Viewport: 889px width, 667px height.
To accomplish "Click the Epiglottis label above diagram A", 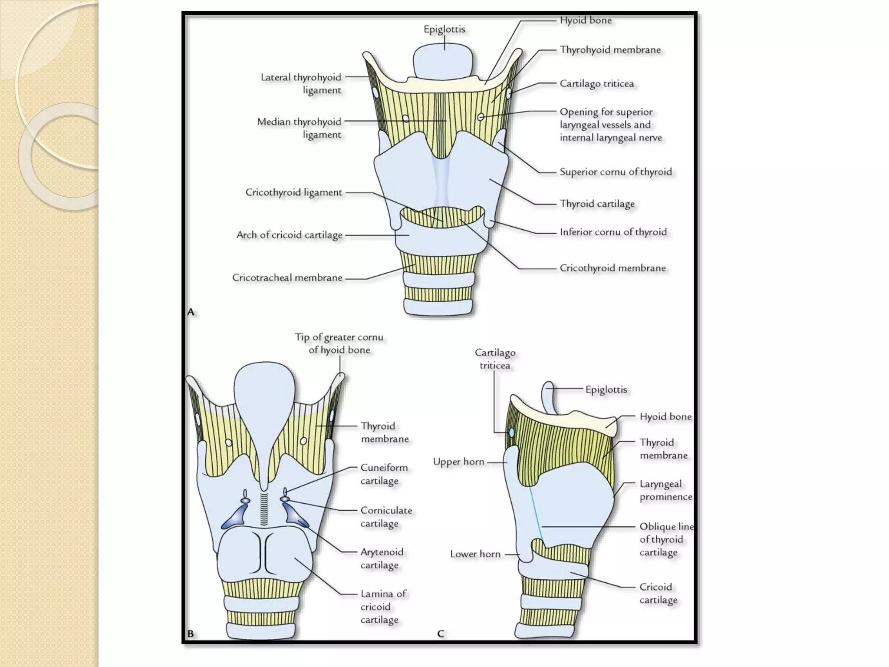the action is point(444,30).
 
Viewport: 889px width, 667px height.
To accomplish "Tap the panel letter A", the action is point(191,312).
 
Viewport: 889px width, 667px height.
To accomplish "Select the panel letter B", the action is point(191,634).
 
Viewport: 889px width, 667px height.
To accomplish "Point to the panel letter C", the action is point(441,634).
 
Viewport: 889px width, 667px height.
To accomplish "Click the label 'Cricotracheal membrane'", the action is point(287,277).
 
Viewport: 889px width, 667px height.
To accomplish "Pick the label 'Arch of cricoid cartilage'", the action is point(290,235).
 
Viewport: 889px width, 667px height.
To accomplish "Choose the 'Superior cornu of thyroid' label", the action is point(616,172).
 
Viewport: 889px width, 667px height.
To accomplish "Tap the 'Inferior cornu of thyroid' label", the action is point(613,232).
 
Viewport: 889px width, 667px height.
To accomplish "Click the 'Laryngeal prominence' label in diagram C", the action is point(665,490).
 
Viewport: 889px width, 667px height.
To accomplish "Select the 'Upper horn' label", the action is point(458,462).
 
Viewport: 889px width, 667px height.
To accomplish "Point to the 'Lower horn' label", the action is point(475,554).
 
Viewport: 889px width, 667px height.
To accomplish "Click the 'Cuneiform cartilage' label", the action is point(384,474).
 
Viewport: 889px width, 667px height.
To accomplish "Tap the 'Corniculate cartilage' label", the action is point(386,517).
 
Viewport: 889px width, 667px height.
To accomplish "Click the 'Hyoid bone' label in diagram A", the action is point(586,20).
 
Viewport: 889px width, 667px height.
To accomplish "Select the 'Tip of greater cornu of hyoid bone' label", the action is point(339,343).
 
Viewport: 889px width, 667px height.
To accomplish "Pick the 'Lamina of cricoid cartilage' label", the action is point(383,607).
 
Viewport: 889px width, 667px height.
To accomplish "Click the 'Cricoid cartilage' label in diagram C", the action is point(658,593).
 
